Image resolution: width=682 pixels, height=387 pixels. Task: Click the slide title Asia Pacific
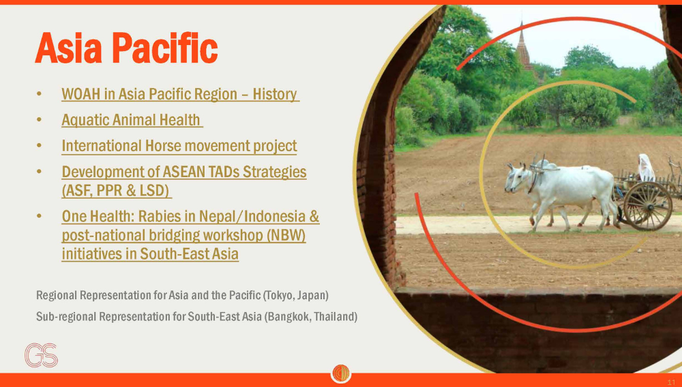pos(126,48)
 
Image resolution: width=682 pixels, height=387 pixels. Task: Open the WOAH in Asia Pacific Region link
pos(180,94)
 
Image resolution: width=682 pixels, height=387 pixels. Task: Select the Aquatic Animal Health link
pos(132,120)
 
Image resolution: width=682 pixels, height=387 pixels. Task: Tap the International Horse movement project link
pos(179,146)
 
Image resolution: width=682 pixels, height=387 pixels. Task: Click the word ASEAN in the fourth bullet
pos(183,172)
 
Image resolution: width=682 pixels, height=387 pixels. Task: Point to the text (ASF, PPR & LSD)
pos(116,191)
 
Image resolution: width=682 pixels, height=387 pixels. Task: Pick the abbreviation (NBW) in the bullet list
pos(286,235)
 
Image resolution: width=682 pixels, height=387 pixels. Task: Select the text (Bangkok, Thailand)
pos(310,317)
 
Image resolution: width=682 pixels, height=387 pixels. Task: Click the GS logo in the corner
pos(42,355)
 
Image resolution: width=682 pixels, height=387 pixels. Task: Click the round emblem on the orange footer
pos(341,373)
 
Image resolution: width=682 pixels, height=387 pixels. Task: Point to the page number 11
pos(671,382)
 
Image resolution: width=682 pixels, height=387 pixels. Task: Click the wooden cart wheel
pos(648,206)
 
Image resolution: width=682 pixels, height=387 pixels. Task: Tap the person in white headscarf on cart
pos(645,168)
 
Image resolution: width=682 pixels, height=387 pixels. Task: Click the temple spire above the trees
pos(523,47)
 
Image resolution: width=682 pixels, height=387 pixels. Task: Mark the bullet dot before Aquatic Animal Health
pos(39,120)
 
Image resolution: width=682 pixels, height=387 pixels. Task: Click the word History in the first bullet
pos(275,94)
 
